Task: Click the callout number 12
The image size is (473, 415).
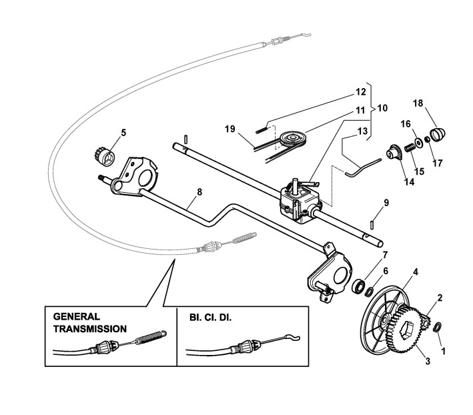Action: click(361, 91)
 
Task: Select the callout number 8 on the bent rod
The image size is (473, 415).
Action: click(199, 191)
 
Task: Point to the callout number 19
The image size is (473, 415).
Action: click(230, 129)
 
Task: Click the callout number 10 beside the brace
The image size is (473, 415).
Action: click(382, 108)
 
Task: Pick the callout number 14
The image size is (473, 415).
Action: click(410, 182)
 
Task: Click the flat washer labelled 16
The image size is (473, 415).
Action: click(418, 143)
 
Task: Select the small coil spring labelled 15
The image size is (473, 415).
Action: click(409, 147)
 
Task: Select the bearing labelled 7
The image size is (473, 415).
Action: click(359, 286)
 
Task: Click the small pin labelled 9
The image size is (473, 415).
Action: click(372, 225)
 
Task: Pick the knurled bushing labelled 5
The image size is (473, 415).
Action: click(105, 156)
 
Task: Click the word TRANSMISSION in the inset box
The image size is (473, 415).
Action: click(90, 329)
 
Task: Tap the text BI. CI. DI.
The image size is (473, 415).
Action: click(211, 318)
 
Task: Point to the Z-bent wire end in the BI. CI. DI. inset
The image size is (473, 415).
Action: click(293, 337)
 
